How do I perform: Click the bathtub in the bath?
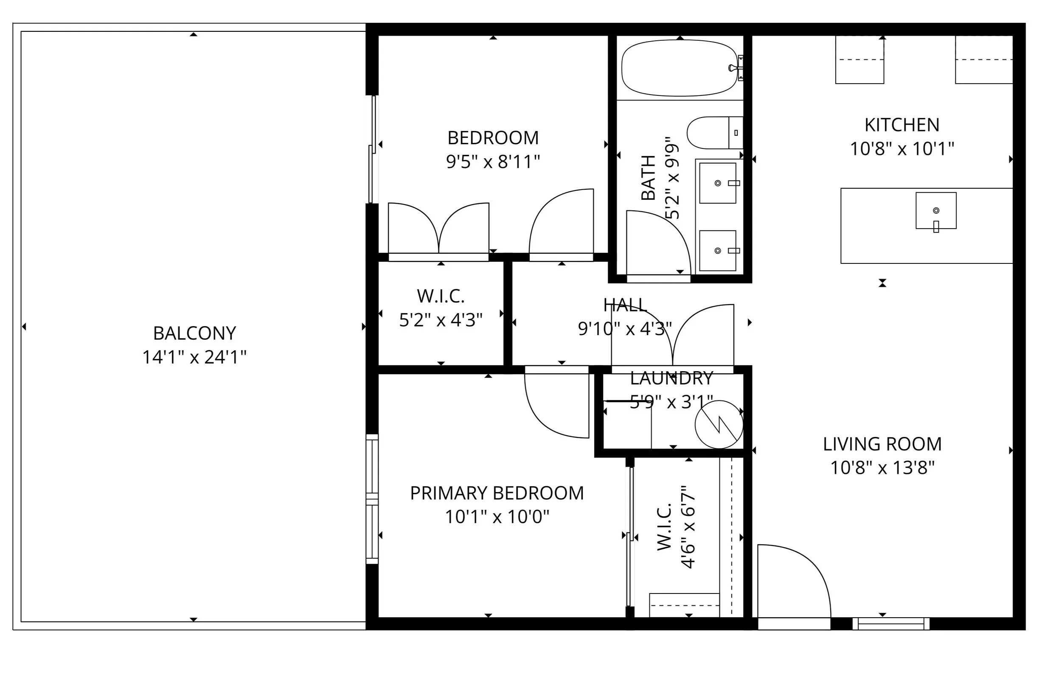(680, 68)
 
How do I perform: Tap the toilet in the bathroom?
(715, 133)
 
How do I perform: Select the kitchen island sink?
(936, 211)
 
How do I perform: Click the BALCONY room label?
(194, 333)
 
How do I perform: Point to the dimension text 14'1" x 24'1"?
(194, 357)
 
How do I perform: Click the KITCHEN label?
(902, 125)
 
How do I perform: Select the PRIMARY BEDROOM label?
(497, 493)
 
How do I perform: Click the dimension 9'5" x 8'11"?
(493, 162)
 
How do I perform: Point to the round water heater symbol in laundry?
(719, 425)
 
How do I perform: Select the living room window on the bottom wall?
(890, 624)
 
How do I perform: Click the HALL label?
(625, 305)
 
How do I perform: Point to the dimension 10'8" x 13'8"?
(882, 468)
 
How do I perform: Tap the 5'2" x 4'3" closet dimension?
(441, 319)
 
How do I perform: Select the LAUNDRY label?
(671, 378)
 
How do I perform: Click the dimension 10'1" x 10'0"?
(497, 517)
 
